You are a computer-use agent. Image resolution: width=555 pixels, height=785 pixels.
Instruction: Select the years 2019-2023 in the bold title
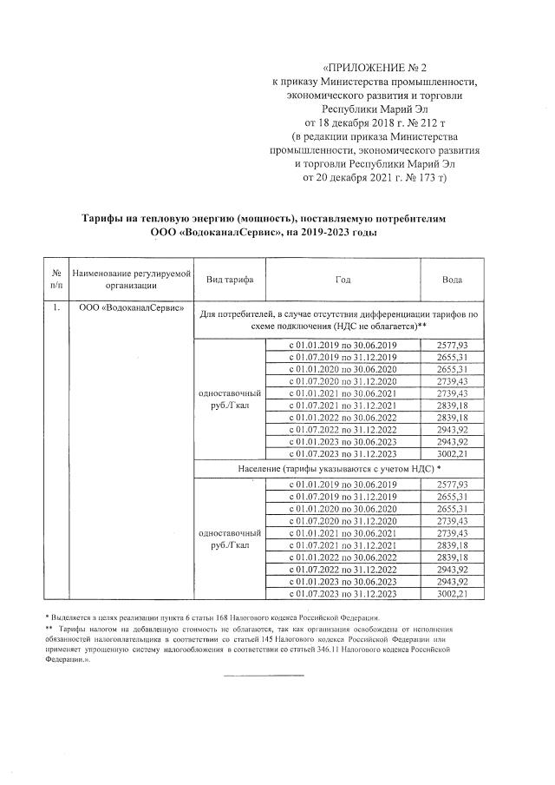pos(349,233)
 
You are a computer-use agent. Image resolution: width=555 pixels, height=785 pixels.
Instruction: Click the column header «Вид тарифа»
pos(230,280)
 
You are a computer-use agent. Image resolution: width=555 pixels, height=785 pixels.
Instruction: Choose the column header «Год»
pos(343,280)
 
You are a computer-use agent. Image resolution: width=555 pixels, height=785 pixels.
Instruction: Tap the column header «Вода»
pos(451,280)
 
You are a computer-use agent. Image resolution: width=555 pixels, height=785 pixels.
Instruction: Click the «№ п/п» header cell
pos(56,279)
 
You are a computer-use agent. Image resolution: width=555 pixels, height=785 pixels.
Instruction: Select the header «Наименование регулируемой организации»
pos(131,279)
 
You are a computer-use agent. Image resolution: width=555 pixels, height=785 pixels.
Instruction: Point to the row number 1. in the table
pos(56,309)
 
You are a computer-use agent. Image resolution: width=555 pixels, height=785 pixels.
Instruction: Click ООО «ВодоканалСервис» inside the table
pos(131,309)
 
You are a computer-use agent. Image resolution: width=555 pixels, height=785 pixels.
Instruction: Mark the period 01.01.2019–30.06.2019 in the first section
pos(342,345)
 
